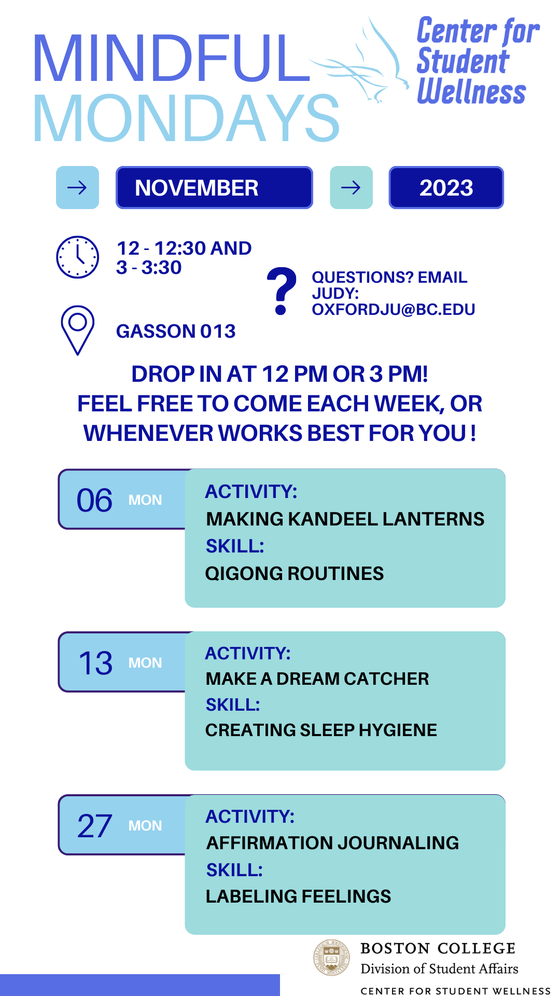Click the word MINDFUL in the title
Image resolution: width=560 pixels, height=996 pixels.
pos(172,58)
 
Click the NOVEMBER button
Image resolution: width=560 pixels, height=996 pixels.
pos(214,187)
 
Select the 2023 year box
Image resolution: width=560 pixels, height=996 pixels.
pos(446,187)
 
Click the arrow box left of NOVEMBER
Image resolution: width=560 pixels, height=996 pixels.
pos(77,187)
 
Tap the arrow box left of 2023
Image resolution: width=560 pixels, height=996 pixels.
pos(351,187)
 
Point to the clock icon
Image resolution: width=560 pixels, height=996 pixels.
pos(77,257)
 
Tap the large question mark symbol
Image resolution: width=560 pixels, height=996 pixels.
pos(282,291)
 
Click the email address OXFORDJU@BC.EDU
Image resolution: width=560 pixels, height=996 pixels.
pos(394,309)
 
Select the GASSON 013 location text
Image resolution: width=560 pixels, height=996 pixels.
pos(176,331)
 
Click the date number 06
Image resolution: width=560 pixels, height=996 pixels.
pos(94,500)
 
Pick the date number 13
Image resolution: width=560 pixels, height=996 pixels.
pos(95,663)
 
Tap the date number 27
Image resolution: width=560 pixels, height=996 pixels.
pos(94,826)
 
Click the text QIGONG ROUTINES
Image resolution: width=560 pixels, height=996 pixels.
pos(295,573)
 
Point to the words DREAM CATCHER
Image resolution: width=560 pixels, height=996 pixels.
pos(353,679)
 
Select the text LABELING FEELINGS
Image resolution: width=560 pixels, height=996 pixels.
pos(298,896)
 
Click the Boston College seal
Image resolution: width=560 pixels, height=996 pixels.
pos(332,958)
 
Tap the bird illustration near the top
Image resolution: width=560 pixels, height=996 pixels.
pos(359,62)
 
